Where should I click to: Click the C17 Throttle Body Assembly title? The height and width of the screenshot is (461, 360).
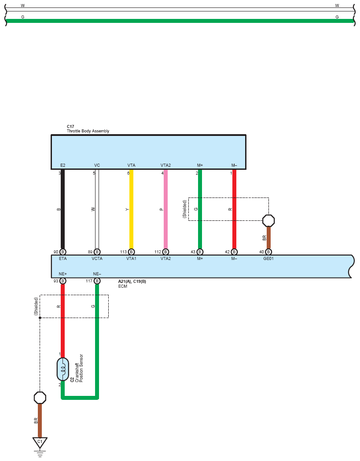coord(88,129)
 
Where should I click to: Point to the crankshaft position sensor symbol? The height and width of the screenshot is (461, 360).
coord(62,369)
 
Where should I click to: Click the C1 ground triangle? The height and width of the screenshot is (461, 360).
coord(40,442)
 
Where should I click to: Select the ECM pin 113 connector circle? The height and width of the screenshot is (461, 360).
coord(131,252)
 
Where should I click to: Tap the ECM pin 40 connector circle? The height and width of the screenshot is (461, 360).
coord(268,252)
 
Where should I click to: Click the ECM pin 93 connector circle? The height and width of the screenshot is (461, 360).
coord(62,281)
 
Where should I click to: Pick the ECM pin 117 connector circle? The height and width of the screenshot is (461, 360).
coord(97,281)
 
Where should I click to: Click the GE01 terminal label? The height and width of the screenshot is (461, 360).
coord(268,259)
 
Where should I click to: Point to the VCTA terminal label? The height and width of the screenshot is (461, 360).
coord(97,259)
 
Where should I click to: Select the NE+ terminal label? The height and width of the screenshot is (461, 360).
coord(62,274)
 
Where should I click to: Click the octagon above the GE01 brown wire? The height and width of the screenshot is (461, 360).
coord(268,220)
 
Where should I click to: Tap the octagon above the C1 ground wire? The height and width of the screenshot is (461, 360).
coord(40,398)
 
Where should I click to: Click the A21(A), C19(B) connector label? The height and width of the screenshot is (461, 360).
coord(132,281)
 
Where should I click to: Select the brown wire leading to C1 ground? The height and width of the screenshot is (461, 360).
coord(40,420)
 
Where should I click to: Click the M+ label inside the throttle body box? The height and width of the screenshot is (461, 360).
coord(200,165)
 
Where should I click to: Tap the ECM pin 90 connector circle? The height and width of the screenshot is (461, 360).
coord(62,252)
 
